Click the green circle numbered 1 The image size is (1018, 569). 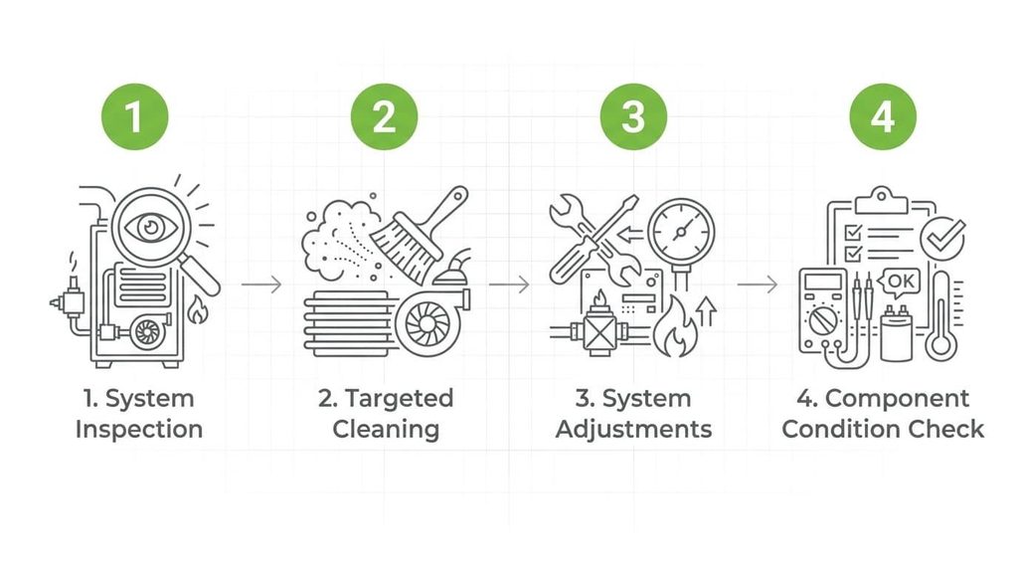[x=135, y=117]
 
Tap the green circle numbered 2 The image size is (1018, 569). [x=385, y=117]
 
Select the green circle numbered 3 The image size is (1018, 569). [x=633, y=117]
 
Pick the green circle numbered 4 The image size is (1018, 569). [x=883, y=117]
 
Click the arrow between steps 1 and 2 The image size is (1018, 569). [x=261, y=284]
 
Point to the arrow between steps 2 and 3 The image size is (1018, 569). [x=509, y=284]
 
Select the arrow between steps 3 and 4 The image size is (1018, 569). [x=757, y=284]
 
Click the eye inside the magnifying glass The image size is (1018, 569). [x=151, y=228]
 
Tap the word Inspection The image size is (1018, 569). [x=139, y=430]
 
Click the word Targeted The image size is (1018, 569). [x=400, y=398]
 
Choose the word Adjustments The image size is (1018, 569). [x=633, y=430]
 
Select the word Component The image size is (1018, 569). [x=898, y=398]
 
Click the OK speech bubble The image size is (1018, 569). [x=899, y=282]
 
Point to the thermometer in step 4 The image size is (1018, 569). [x=941, y=316]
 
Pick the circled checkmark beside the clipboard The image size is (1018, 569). [x=942, y=239]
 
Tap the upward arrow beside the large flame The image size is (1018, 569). [x=707, y=311]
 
